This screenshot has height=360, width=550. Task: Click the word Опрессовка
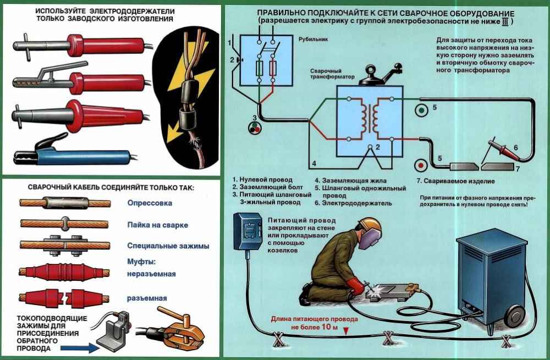tap(149, 203)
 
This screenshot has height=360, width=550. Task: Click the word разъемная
tap(147, 298)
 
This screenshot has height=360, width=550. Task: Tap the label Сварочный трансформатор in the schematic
tap(327, 75)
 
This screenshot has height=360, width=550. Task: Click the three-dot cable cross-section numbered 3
tap(254, 128)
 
